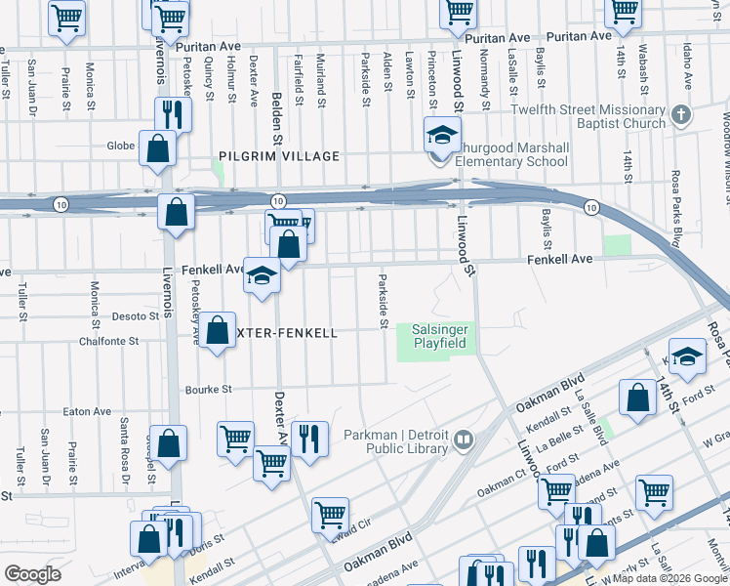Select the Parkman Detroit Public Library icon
pos(463,440)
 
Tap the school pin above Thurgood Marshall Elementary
pos(441,136)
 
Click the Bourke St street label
pos(208,389)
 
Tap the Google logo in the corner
pos(32,574)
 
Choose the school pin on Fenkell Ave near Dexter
pos(262,278)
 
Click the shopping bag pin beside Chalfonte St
pos(219,330)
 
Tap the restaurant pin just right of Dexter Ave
pos(309,439)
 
